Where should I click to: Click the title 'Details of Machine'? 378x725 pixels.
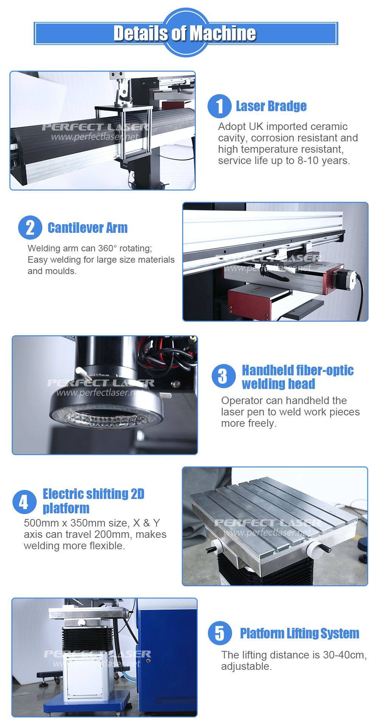click(x=185, y=33)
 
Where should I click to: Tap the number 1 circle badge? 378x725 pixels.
click(x=219, y=106)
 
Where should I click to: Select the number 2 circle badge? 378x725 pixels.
click(x=30, y=228)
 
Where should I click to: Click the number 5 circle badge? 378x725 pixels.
click(x=220, y=634)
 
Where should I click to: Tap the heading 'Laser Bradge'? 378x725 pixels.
click(x=271, y=106)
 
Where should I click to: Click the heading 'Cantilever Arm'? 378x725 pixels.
click(x=87, y=228)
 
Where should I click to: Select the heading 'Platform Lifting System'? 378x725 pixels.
click(x=299, y=633)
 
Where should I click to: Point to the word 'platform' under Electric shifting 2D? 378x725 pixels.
click(x=66, y=508)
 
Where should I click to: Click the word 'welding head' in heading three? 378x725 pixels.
click(x=279, y=384)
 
